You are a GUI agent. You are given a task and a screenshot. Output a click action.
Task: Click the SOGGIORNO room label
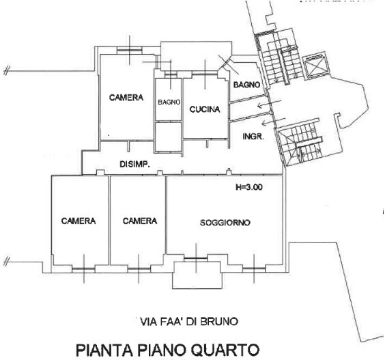point(225,223)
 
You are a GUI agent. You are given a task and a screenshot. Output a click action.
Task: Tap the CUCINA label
point(204,109)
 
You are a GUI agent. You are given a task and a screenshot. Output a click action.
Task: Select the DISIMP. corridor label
point(134,164)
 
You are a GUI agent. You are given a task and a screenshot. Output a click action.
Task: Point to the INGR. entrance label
point(253,137)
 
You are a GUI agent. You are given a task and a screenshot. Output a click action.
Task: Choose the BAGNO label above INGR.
point(246,85)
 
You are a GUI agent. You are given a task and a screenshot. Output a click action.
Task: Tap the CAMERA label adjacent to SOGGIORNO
point(140,221)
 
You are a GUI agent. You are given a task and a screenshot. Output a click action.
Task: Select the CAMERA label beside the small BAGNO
point(126,98)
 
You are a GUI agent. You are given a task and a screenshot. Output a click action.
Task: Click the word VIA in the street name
point(145,320)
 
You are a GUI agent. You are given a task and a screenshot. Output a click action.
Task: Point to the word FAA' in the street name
point(167,320)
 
